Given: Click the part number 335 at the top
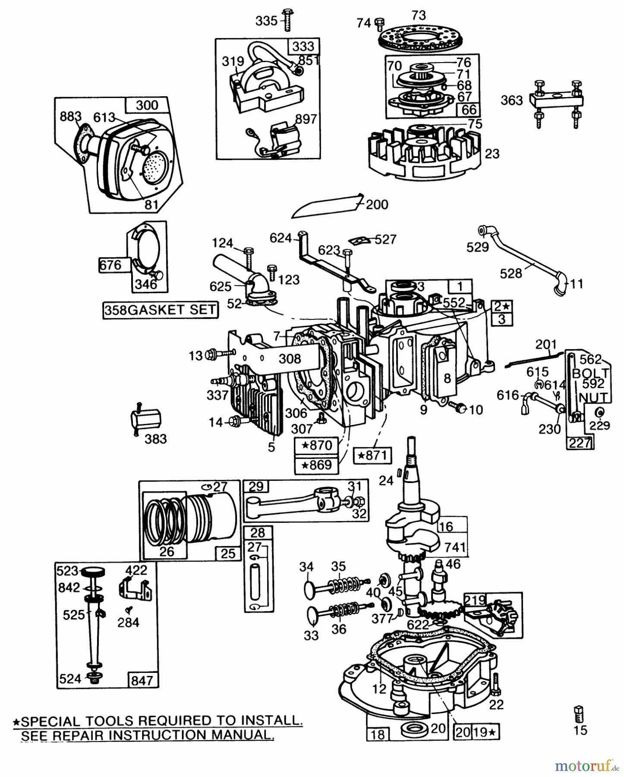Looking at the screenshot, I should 267,21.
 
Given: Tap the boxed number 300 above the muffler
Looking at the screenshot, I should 147,105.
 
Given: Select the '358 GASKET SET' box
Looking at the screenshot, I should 160,310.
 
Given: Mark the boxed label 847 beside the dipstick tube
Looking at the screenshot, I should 142,680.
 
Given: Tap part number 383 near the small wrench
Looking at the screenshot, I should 155,439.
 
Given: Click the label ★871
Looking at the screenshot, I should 372,455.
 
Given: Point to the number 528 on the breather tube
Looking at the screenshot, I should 511,273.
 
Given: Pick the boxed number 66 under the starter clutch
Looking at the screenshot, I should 469,109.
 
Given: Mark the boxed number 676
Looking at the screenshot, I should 111,264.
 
